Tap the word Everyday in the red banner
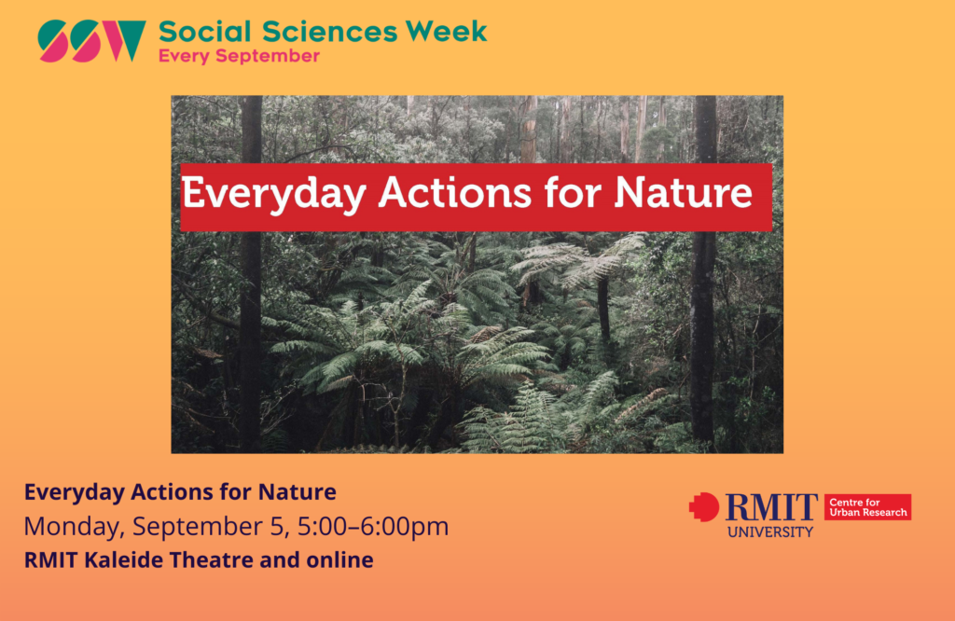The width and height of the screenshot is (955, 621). click(273, 195)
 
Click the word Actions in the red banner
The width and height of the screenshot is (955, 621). click(455, 193)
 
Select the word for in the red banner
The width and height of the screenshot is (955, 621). click(573, 193)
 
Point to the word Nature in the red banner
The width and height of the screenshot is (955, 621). click(683, 193)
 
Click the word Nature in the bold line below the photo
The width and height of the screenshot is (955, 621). click(298, 492)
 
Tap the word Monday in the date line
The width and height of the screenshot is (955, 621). click(75, 527)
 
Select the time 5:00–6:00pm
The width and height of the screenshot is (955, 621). click(373, 527)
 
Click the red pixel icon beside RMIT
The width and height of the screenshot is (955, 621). click(704, 507)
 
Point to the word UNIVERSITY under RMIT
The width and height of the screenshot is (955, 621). click(770, 532)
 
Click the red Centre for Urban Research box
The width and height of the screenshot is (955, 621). click(868, 507)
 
